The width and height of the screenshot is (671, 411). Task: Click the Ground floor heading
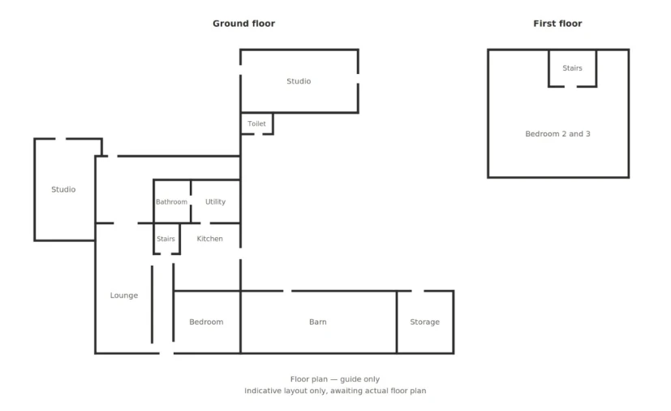coord(244,24)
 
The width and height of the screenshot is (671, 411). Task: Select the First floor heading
coord(557,24)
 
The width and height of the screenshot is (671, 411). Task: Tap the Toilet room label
coord(256,123)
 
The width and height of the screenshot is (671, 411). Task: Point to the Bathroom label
coord(171,202)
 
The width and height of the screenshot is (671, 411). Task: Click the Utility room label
coord(215,201)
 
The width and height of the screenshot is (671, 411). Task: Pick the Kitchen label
coord(209,239)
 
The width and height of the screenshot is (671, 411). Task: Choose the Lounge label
coord(124,296)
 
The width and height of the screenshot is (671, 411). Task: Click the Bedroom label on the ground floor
coord(206,322)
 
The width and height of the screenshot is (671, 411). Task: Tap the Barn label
coord(318,322)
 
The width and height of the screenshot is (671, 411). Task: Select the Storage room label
coord(425,322)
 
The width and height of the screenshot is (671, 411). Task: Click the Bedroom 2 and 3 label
coord(557,134)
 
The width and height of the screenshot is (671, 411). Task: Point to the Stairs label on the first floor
coord(572,68)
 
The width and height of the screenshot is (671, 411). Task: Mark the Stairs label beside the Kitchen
coord(166,239)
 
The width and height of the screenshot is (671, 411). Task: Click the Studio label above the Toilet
coord(299,81)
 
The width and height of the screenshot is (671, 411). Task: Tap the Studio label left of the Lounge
coord(63,189)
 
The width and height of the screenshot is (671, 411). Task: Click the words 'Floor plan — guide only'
coord(335,379)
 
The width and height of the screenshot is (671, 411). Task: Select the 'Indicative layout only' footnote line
coord(335,391)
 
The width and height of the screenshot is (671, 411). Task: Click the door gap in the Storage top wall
coord(418,291)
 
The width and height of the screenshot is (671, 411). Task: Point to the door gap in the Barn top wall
coord(287,291)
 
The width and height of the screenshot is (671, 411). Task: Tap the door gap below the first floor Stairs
coord(570,87)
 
